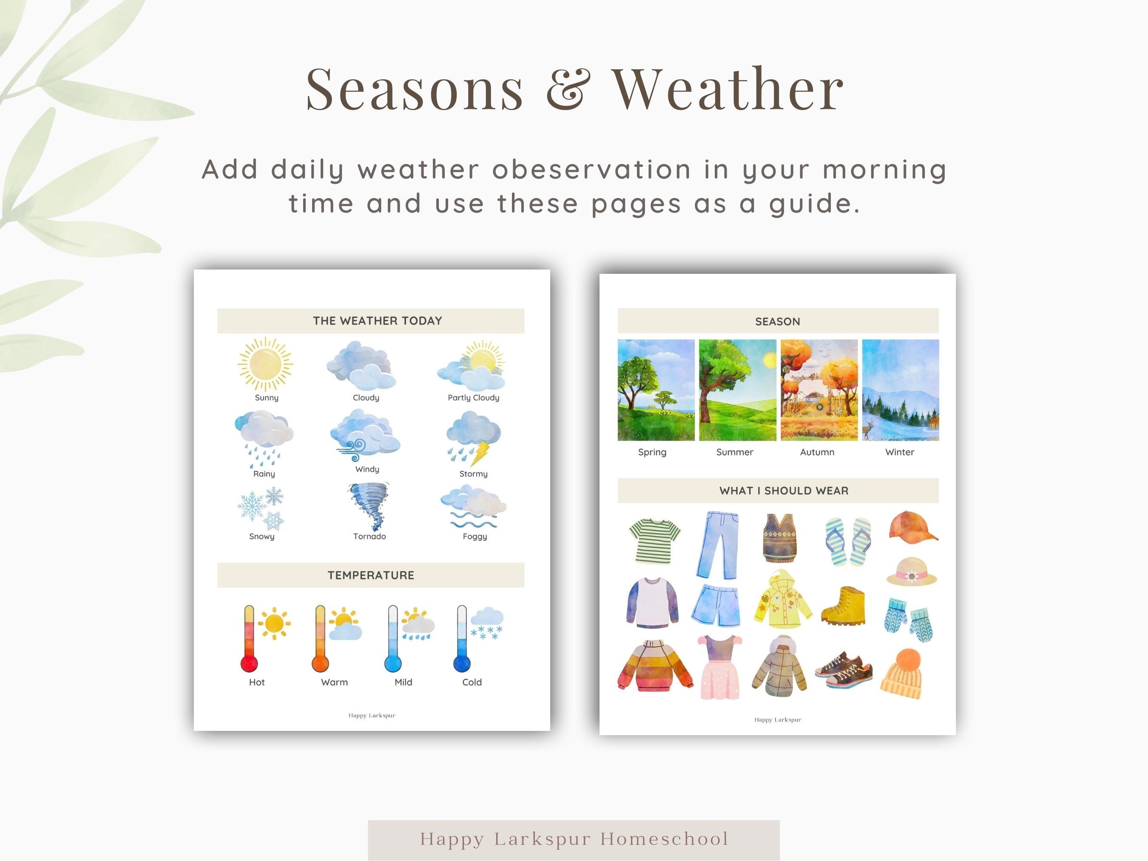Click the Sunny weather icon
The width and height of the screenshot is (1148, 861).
tap(265, 364)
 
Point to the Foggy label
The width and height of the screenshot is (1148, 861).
tap(475, 537)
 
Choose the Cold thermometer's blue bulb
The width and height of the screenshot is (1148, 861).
tap(461, 663)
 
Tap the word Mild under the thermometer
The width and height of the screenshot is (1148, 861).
tap(403, 682)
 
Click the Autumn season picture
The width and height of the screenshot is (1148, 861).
tap(818, 390)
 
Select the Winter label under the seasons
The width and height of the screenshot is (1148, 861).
tap(899, 452)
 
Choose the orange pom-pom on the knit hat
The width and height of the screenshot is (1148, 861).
tap(908, 659)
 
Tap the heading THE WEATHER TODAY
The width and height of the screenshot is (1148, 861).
tap(377, 321)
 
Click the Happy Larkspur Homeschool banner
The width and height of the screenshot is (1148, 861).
tap(574, 839)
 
